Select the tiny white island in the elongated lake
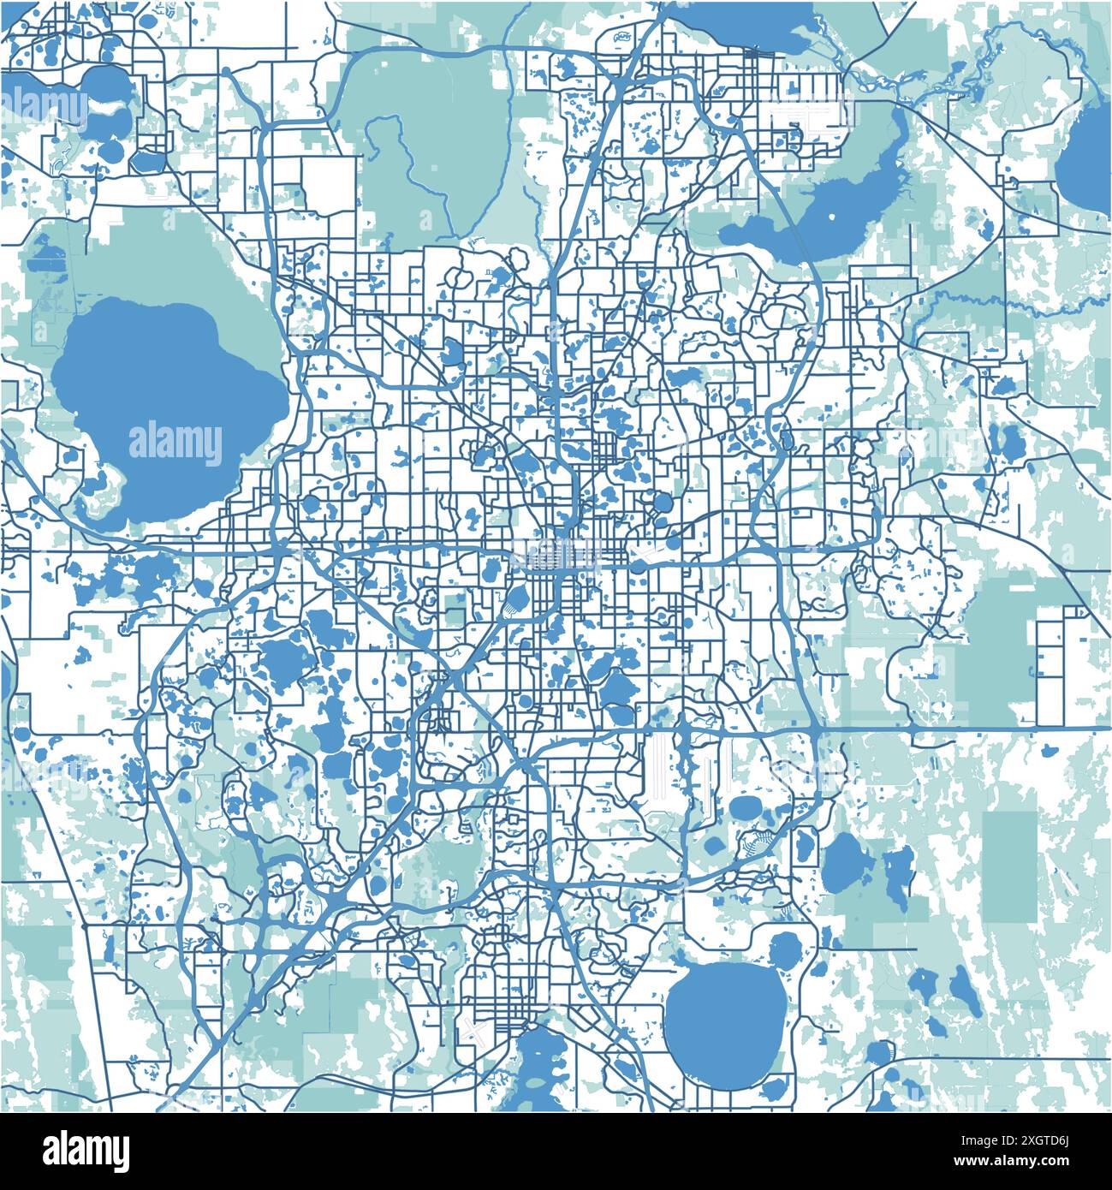831,217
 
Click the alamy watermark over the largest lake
175,443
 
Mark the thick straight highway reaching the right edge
984,729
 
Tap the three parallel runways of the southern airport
685,771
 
